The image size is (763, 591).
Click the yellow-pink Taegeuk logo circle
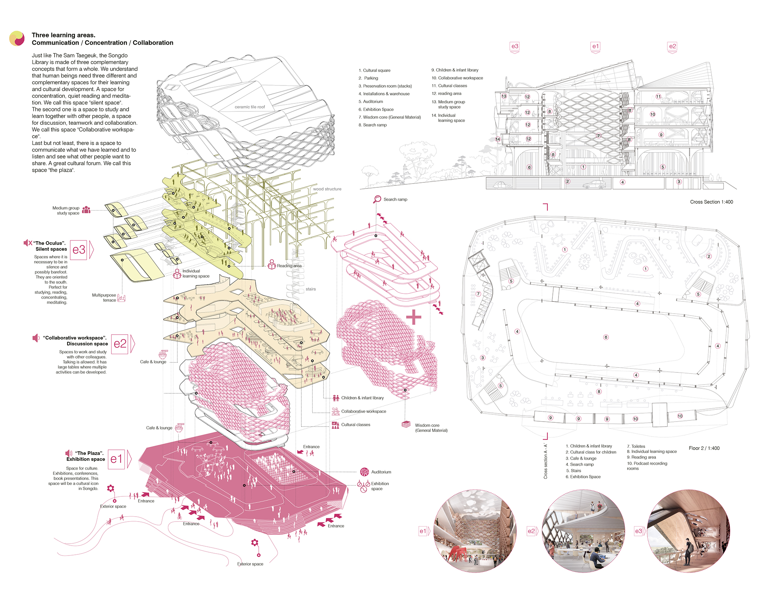[17, 38]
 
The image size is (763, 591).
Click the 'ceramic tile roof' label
[250, 107]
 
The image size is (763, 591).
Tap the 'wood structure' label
[327, 189]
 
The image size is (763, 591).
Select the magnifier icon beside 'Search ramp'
[377, 199]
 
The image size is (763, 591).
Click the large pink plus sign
[414, 317]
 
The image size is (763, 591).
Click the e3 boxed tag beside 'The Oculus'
[79, 250]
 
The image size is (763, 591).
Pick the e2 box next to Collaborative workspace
[120, 344]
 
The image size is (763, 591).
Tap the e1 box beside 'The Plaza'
[116, 459]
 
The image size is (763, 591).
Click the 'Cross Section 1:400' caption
[711, 202]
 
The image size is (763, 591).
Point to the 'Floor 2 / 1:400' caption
[704, 448]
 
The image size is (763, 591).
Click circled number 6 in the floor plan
[606, 337]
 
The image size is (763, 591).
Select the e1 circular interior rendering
[475, 531]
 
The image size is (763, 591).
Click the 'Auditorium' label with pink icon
[381, 472]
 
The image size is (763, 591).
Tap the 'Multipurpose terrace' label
[104, 298]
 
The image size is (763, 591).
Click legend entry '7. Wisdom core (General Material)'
[390, 117]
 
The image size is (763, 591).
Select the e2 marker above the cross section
[672, 47]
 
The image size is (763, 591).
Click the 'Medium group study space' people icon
[86, 209]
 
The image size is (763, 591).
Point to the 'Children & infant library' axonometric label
[362, 398]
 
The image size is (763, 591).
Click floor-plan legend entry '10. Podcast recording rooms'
[647, 465]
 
